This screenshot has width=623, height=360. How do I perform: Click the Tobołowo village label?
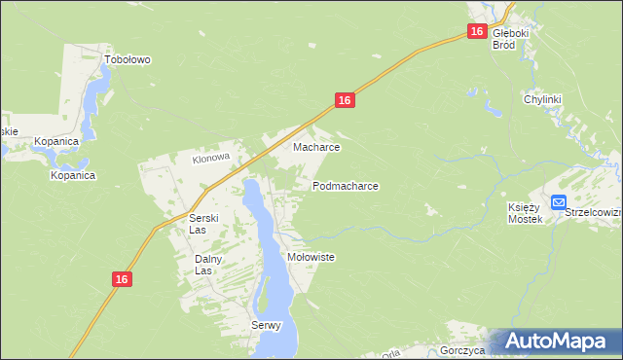tap(128, 59)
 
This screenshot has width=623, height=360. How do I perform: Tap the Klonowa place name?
tap(210, 158)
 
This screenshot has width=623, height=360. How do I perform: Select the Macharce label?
tap(316, 148)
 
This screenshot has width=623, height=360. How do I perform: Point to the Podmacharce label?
tap(346, 185)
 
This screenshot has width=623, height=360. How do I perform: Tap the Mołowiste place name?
tap(311, 257)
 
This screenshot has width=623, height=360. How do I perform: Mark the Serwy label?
tap(266, 325)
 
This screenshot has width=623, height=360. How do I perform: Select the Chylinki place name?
tap(543, 99)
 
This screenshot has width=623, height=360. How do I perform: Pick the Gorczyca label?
tap(461, 350)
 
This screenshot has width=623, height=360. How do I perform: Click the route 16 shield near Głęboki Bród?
tap(476, 32)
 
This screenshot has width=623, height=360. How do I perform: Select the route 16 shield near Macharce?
tap(344, 100)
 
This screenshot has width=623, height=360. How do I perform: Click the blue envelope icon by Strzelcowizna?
tap(558, 202)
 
